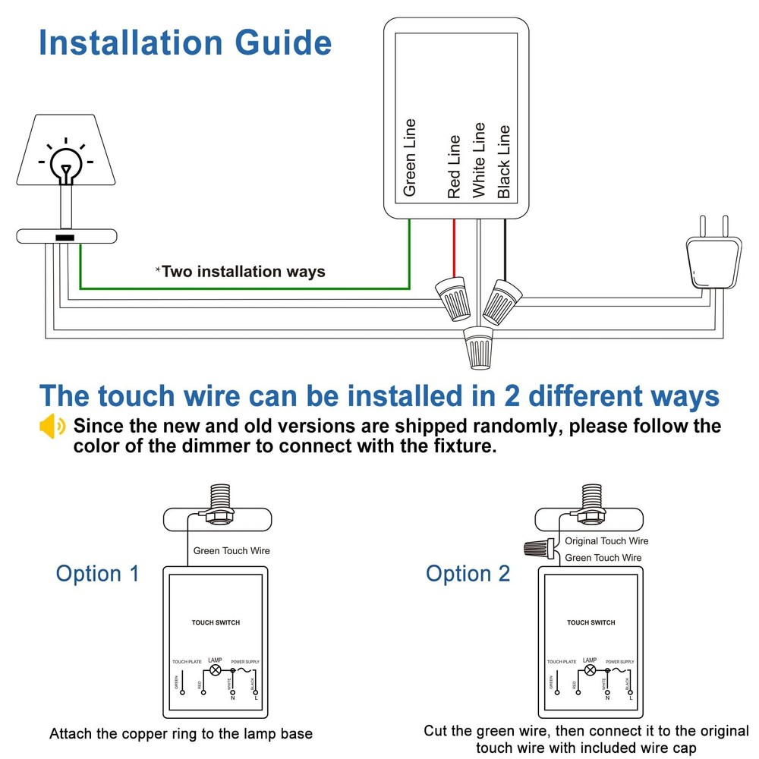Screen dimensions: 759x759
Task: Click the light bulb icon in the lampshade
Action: pyautogui.click(x=66, y=162)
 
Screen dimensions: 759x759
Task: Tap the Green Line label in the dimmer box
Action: pyautogui.click(x=410, y=158)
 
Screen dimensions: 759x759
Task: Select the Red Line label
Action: pyautogui.click(x=454, y=167)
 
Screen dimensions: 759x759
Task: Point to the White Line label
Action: pyautogui.click(x=478, y=160)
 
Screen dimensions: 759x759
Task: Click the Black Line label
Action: pyautogui.click(x=503, y=162)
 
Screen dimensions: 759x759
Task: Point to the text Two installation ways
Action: pyautogui.click(x=243, y=272)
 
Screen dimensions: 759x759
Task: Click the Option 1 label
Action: pyautogui.click(x=98, y=574)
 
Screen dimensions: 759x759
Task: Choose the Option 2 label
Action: pyautogui.click(x=468, y=574)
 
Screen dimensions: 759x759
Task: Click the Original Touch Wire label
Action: pyautogui.click(x=606, y=541)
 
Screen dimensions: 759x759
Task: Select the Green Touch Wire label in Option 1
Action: pyautogui.click(x=231, y=551)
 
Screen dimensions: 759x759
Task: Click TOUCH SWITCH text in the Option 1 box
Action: pyautogui.click(x=216, y=622)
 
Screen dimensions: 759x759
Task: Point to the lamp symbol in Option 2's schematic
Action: pyautogui.click(x=590, y=671)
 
